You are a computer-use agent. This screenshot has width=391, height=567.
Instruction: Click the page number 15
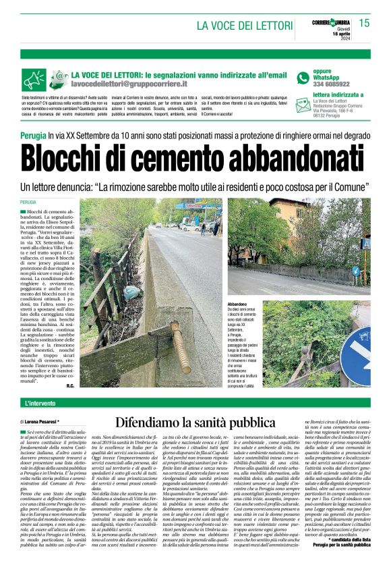pyautogui.click(x=364, y=23)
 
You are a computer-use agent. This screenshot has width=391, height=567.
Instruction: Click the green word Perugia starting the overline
pyautogui.click(x=34, y=136)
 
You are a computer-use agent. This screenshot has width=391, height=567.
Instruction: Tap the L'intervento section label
pyautogui.click(x=40, y=404)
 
